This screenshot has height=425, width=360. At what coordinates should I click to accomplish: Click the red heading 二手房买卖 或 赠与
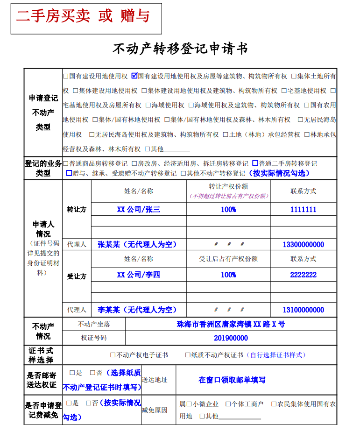pos(83,17)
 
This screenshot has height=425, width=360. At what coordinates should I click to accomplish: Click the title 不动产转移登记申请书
pos(180,49)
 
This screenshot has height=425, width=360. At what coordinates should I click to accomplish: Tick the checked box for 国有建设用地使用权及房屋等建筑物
pos(134,76)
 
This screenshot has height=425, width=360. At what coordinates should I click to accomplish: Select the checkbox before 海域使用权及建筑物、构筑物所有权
pos(191,105)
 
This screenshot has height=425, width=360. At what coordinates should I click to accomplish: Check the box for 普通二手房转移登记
pos(255,163)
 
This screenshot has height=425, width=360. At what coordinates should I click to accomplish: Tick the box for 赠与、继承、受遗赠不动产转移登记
pos(69,173)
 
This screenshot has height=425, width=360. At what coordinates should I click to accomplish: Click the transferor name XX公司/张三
pos(138,209)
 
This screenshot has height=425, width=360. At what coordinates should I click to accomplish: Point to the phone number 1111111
pos(303,209)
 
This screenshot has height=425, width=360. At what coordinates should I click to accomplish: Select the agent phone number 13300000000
pos(303,244)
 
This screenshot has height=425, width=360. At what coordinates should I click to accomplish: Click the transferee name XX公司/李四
pos(138,275)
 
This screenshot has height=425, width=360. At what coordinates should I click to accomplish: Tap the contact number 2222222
pos(303,275)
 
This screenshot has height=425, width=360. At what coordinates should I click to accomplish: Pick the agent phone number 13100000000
pos(303,310)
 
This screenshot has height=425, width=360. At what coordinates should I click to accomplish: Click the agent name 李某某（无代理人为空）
pos(137,310)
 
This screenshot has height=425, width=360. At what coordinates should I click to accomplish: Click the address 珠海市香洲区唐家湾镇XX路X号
pos(231,324)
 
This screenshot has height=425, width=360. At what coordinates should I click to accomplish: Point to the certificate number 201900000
pos(231,338)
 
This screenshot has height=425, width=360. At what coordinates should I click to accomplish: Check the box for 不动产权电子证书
pos(113,355)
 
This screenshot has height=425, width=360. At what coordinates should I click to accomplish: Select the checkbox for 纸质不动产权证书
pos(188,355)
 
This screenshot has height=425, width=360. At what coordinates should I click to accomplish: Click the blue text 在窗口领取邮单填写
pos(232,380)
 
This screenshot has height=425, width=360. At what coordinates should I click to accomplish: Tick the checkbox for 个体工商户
pos(228,404)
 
